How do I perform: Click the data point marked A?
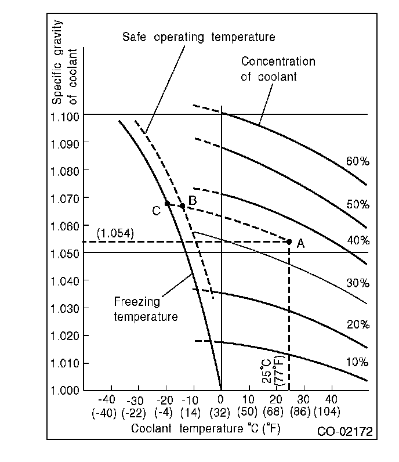[289, 241]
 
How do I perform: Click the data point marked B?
[182, 206]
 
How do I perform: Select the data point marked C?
[167, 204]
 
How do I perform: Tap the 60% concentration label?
[357, 161]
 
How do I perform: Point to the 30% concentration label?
[357, 283]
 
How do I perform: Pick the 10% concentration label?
[357, 363]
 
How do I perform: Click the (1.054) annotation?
[115, 233]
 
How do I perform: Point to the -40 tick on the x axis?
[106, 399]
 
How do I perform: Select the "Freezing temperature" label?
[145, 309]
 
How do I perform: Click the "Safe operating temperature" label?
[198, 38]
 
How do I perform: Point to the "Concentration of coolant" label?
[278, 68]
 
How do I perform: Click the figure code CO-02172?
[344, 432]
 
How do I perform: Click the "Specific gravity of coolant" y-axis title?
[65, 63]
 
